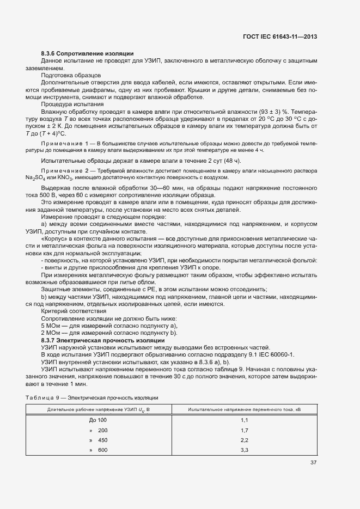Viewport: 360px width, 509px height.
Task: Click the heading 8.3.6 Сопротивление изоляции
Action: point(87,53)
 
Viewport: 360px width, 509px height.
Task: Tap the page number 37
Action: point(313,463)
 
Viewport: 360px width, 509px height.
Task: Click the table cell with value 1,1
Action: point(244,420)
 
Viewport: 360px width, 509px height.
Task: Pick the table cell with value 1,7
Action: point(244,430)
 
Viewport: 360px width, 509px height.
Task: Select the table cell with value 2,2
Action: point(244,440)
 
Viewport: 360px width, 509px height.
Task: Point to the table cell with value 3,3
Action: point(244,450)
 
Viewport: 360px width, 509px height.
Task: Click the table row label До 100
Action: point(98,420)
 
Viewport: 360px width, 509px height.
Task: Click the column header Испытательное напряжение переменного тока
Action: point(244,408)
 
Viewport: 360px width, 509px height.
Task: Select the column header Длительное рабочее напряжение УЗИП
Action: point(98,408)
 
